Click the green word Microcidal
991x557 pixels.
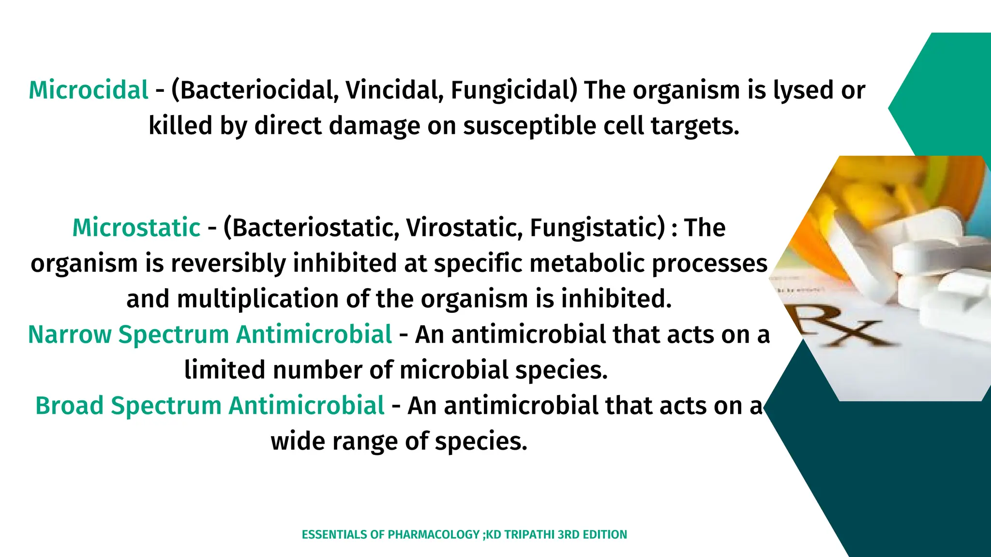coord(89,90)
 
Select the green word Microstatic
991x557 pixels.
coord(136,228)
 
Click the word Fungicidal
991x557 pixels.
coord(514,90)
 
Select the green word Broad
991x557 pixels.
coord(69,406)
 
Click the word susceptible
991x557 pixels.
coord(529,126)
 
